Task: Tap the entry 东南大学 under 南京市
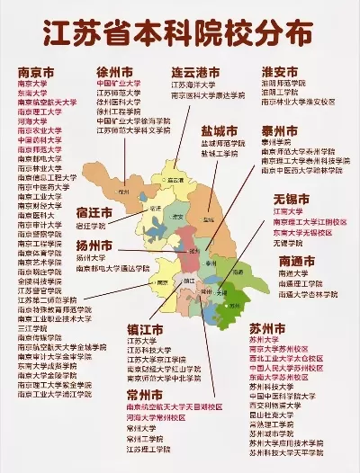[x=32, y=93]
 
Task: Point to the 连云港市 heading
[x=195, y=71]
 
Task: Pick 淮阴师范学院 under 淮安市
[x=282, y=82]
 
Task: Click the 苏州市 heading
[x=293, y=328]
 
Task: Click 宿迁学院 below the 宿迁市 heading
[x=92, y=226]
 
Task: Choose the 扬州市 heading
[x=94, y=245]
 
